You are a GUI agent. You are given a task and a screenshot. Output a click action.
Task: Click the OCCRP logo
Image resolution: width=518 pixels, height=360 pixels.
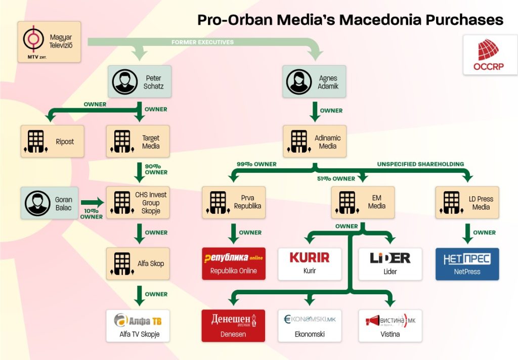click(x=488, y=55)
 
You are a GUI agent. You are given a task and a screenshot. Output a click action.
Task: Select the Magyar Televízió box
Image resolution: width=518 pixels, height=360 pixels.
click(x=49, y=42)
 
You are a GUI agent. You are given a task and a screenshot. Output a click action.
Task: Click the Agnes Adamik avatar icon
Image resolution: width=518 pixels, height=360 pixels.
click(x=298, y=82)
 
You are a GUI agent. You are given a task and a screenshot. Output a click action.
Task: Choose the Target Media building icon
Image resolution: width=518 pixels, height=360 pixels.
click(x=122, y=142)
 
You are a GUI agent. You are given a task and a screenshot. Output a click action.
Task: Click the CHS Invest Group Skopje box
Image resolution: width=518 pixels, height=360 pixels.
click(x=138, y=203)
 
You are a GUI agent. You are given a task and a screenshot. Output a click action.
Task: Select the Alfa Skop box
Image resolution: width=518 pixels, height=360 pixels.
click(x=138, y=263)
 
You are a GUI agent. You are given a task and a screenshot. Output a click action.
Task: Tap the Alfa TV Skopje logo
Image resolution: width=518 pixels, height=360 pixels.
click(x=138, y=320)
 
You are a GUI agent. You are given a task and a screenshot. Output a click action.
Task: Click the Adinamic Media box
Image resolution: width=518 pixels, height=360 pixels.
click(x=315, y=142)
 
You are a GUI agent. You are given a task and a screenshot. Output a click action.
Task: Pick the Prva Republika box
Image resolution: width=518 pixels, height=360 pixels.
click(x=233, y=203)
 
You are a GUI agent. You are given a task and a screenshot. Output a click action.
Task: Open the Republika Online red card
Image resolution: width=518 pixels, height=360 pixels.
click(x=233, y=263)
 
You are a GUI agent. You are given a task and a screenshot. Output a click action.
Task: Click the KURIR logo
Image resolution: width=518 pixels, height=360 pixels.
click(x=310, y=258)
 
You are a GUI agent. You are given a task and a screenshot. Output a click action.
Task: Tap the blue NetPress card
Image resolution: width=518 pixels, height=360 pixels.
click(x=467, y=263)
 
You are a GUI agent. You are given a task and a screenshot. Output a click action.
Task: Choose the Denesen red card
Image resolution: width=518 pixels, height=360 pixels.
click(x=233, y=325)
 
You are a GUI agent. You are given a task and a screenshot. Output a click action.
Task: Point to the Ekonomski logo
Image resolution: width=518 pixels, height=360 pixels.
click(x=310, y=320)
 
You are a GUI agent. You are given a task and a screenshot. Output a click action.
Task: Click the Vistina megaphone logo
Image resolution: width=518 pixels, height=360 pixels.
click(x=390, y=320)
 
